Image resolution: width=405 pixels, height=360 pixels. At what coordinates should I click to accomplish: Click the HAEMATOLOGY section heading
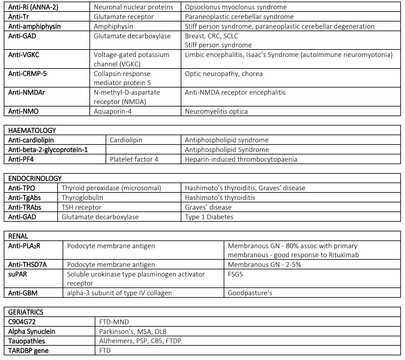[32, 130]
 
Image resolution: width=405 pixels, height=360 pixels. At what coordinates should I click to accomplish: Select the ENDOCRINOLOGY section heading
[35, 178]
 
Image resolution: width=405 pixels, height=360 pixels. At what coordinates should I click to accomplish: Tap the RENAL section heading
[18, 236]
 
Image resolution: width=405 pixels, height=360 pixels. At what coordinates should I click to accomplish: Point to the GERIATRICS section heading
[26, 312]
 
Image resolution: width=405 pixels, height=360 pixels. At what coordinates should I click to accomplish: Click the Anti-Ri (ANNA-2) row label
[33, 7]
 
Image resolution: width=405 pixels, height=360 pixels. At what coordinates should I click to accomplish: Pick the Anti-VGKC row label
[24, 55]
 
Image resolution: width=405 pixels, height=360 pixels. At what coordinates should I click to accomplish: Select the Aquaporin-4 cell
[112, 111]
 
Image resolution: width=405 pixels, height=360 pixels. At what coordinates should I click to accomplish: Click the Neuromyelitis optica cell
[216, 111]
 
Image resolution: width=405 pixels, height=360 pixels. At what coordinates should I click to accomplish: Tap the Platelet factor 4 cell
[134, 159]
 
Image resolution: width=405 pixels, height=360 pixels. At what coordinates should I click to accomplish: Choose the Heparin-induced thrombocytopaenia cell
[241, 159]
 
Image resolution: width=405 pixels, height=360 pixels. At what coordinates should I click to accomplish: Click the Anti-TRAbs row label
[25, 207]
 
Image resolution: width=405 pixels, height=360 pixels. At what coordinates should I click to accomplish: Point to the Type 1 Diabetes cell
[209, 217]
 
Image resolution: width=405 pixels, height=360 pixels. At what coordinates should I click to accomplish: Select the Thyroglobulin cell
[82, 197]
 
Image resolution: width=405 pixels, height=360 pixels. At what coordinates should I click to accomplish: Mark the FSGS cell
[235, 274]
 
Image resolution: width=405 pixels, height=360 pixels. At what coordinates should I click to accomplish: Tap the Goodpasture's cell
[250, 293]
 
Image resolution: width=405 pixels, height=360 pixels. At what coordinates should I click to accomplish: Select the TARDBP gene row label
[28, 351]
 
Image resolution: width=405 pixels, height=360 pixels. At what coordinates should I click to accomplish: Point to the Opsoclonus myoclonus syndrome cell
[236, 7]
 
